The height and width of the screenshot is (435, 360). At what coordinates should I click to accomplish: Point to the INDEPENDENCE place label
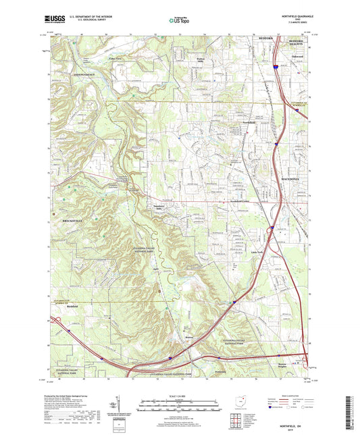coord(70,74)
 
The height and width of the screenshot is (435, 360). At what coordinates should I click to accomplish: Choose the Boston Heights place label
coord(288,365)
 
